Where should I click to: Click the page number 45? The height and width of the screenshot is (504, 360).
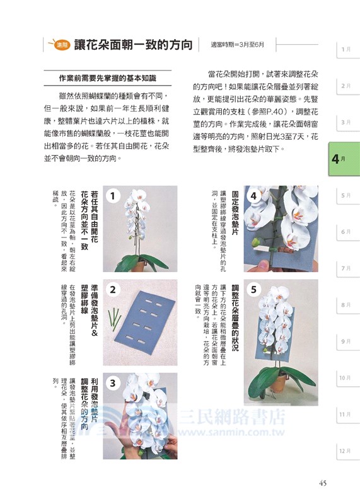[322, 483]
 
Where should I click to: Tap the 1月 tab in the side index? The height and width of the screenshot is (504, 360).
[345, 49]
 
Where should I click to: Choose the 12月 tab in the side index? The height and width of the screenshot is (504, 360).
[344, 450]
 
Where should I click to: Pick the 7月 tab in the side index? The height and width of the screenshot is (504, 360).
[345, 268]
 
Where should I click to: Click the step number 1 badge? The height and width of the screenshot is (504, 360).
[112, 197]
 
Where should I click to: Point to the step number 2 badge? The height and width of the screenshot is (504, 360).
[112, 290]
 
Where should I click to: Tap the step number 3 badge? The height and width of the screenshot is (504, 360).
[112, 383]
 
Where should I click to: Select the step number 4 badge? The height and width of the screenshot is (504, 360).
[253, 196]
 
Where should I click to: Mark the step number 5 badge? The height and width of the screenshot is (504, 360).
[253, 290]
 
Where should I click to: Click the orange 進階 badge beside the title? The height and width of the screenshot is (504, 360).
[61, 45]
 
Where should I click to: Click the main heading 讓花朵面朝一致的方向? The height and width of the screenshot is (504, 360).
[133, 45]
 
